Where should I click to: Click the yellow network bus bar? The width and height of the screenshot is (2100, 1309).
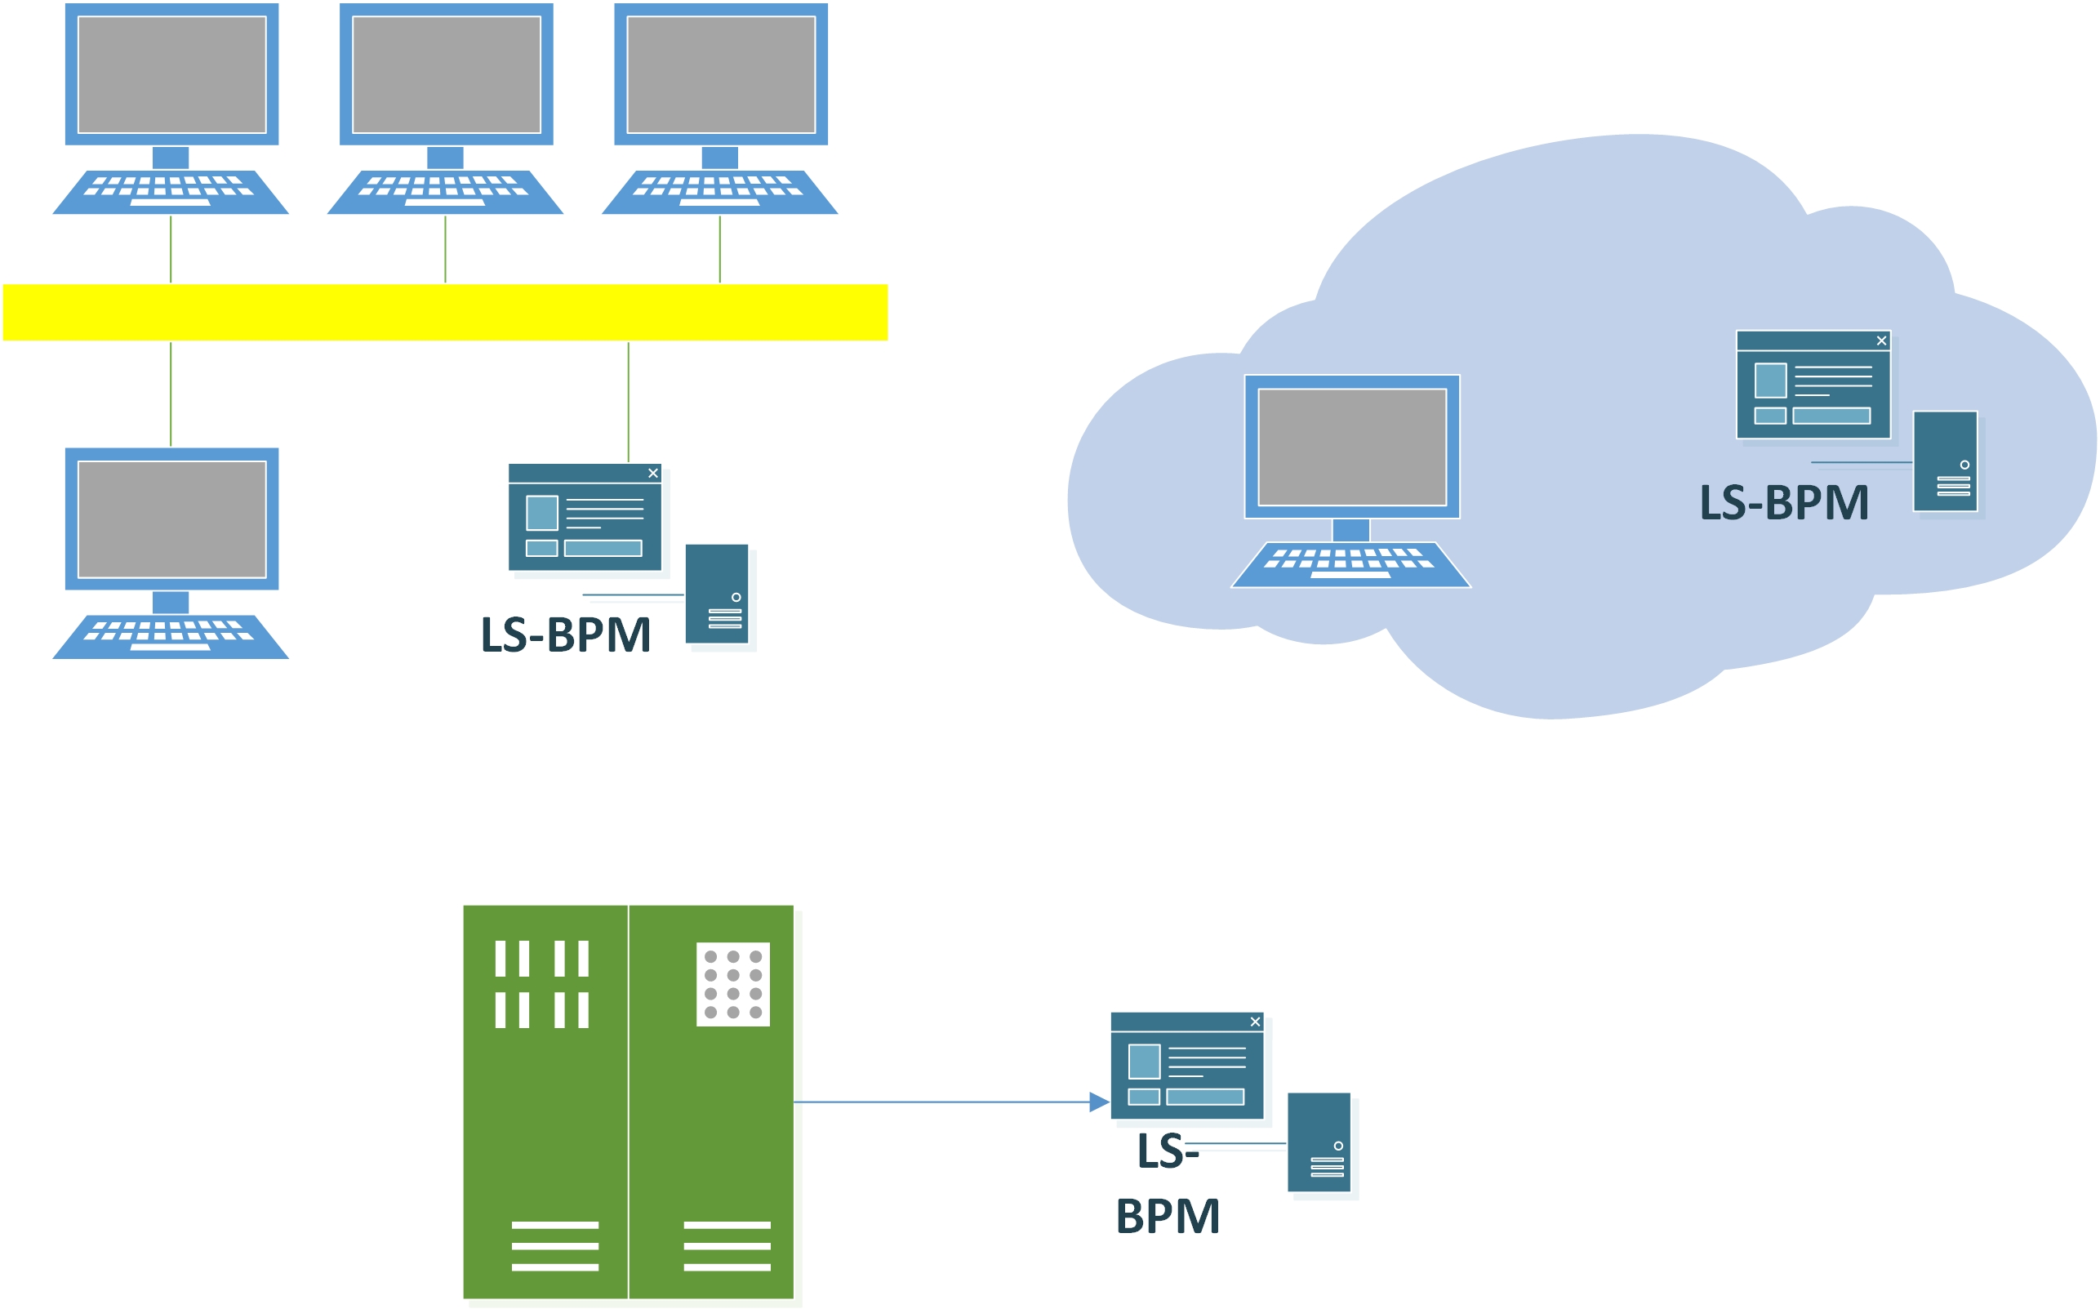coord(445,313)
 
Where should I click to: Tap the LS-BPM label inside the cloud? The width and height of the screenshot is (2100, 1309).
coord(1784,503)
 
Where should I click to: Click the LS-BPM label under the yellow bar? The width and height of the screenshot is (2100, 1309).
coord(565,634)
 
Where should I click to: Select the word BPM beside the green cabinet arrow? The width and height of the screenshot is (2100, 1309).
coord(1168,1217)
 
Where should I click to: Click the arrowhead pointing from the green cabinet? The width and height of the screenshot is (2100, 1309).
coord(1098,1102)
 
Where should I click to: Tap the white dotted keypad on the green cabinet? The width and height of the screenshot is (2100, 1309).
coord(732,984)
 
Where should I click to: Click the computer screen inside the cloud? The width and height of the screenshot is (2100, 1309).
coord(1351,447)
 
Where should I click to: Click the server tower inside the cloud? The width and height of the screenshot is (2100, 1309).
coord(1945,461)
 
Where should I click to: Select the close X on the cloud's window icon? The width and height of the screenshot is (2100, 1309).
coord(1881,341)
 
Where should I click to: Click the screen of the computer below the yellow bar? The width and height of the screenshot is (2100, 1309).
coord(171,519)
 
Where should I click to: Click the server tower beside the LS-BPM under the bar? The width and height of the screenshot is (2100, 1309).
coord(717,594)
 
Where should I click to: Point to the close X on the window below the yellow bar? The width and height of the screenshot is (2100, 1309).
coord(652,474)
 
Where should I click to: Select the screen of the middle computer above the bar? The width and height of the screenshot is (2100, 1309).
coord(446,74)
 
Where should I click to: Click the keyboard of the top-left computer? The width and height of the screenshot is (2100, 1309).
coord(171,192)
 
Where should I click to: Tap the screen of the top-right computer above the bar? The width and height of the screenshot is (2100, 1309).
coord(720,74)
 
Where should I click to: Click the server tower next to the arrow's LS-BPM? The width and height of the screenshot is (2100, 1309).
coord(1319,1142)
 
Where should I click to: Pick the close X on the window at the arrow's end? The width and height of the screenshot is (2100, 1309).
coord(1255,1022)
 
